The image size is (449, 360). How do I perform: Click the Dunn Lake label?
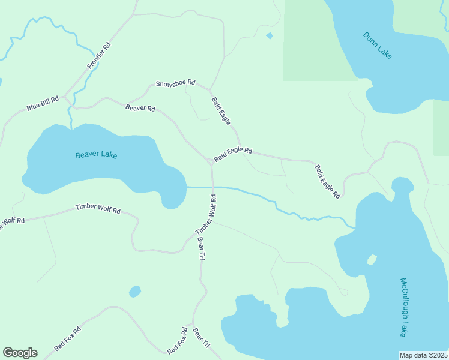tap(378, 45)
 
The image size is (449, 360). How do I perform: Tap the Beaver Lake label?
tap(97, 155)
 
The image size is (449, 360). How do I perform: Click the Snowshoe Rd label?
tap(175, 83)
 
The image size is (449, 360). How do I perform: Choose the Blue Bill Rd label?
tap(42, 103)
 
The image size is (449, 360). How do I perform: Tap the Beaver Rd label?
tap(140, 108)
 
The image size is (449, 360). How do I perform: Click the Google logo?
tap(20, 353)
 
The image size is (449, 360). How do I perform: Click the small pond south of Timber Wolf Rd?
tap(135, 292)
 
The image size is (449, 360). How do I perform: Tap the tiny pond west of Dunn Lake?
tap(269, 36)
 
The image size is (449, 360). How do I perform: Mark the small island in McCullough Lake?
tap(372, 260)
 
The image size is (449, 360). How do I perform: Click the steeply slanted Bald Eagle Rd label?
tap(328, 182)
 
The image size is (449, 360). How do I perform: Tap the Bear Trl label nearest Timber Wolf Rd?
tap(202, 248)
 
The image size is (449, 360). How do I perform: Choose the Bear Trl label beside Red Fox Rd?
tap(201, 337)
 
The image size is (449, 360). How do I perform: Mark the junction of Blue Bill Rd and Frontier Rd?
tap(65, 95)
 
